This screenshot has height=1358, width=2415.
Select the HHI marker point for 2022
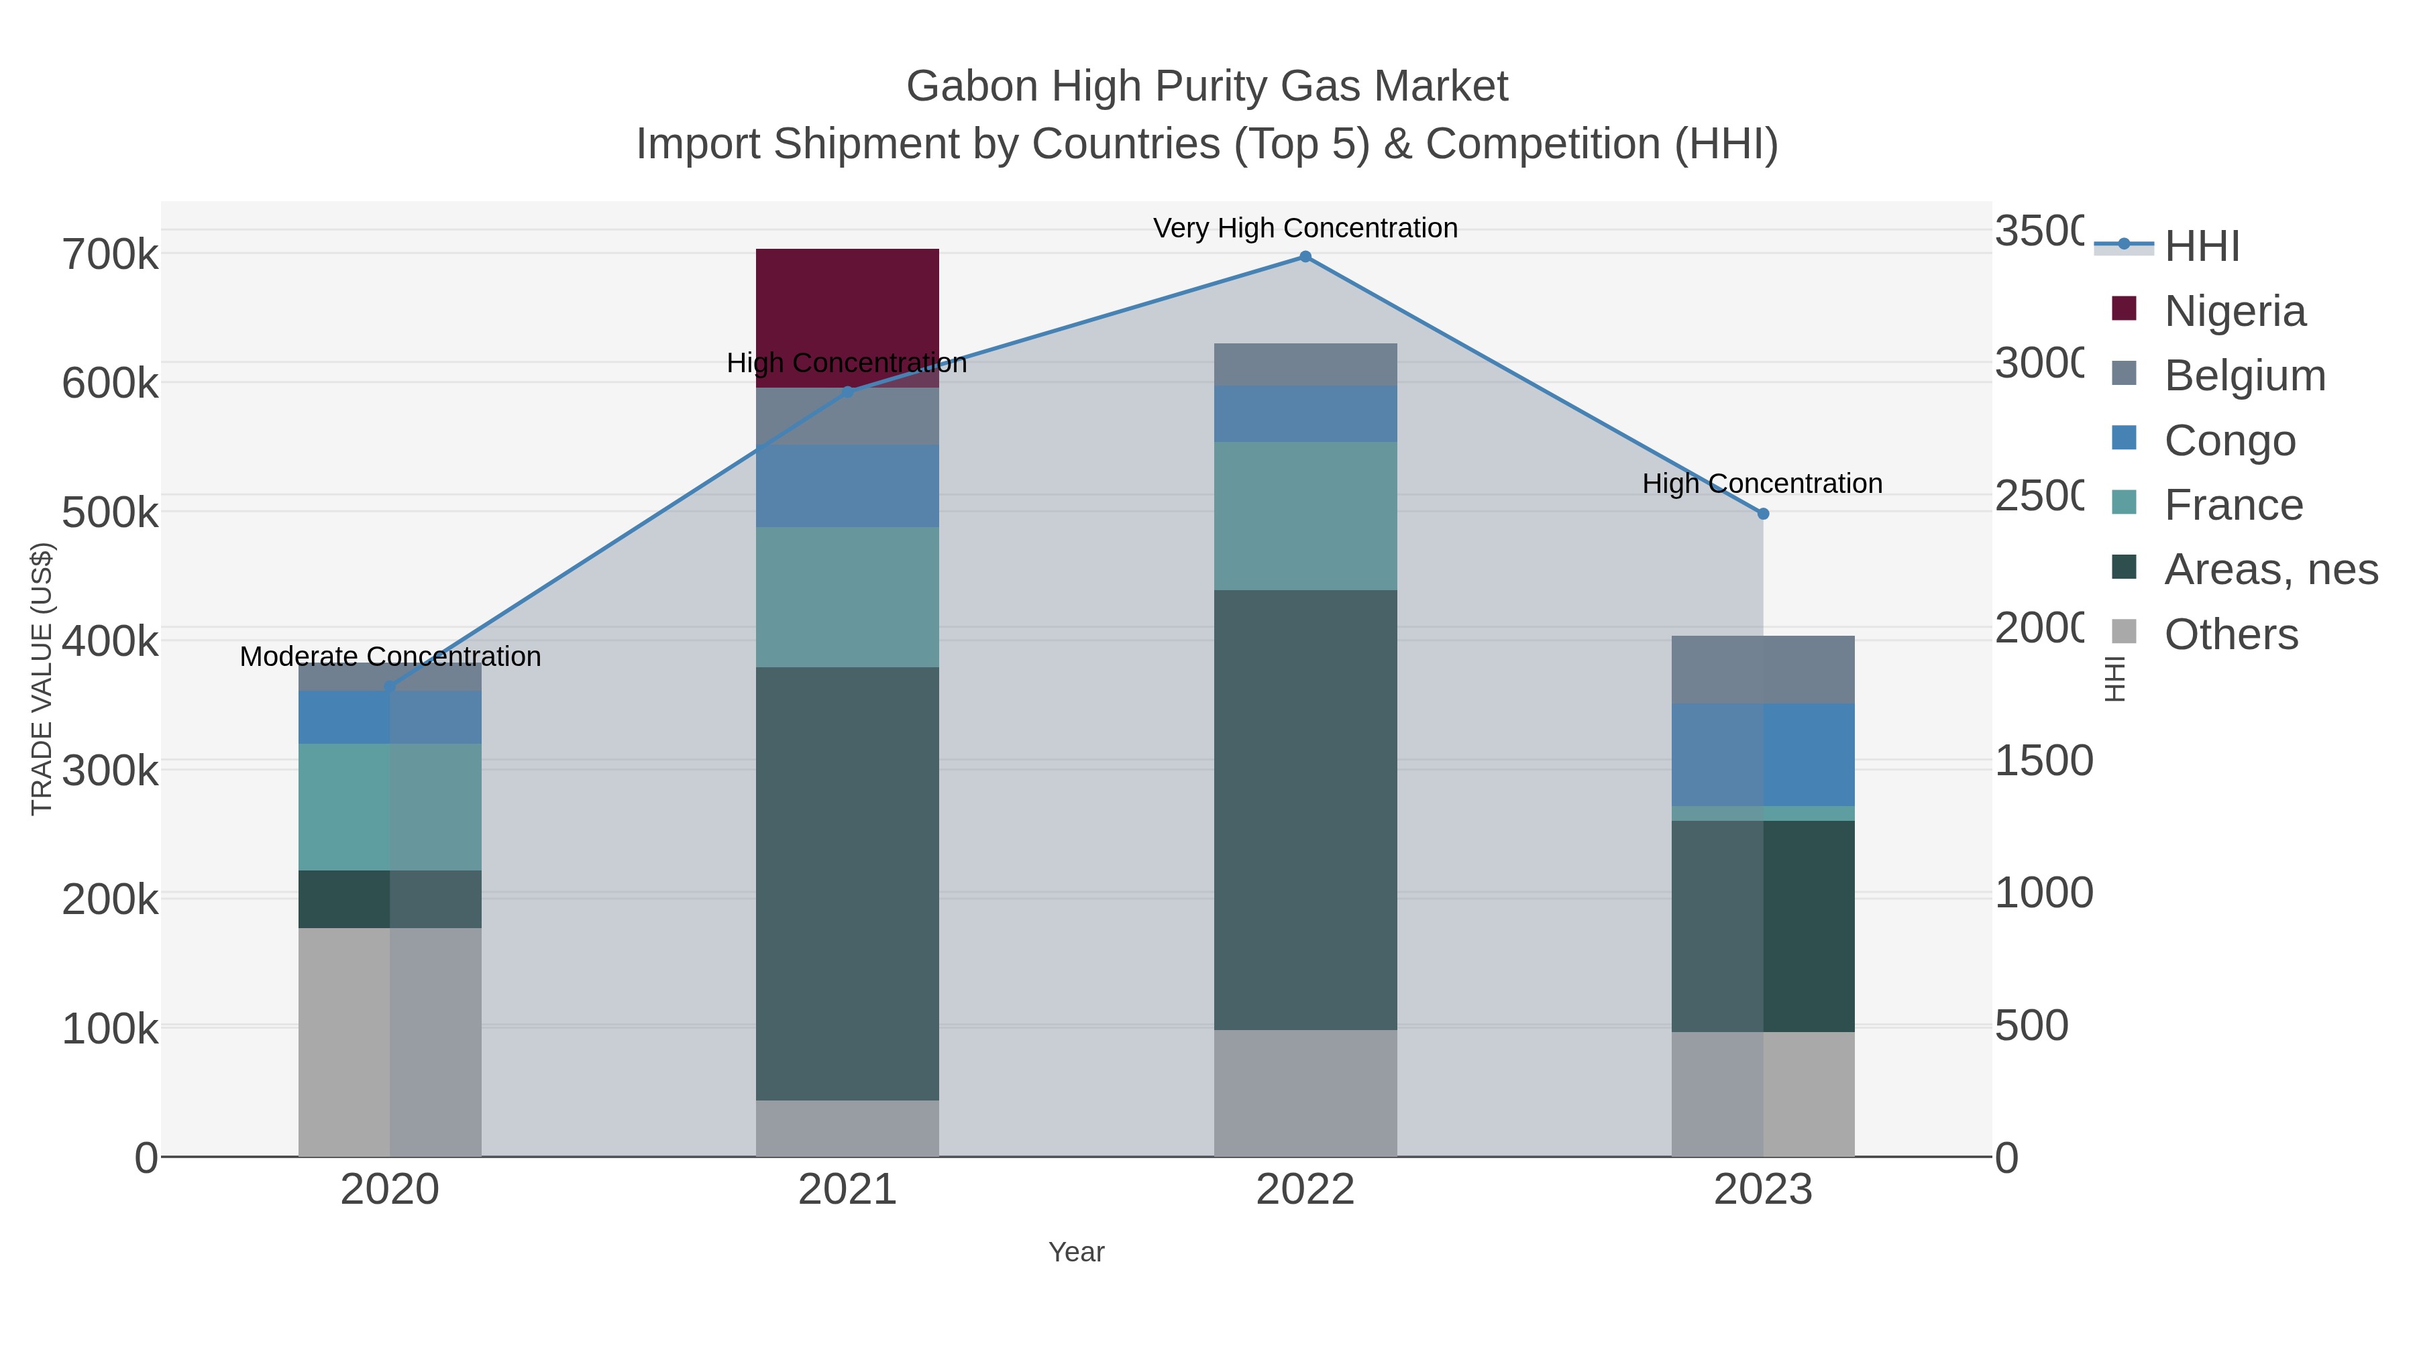click(1305, 257)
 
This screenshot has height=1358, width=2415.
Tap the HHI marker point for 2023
click(1762, 514)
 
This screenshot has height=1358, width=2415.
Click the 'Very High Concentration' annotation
click(1305, 229)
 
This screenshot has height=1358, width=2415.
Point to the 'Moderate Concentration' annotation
click(390, 657)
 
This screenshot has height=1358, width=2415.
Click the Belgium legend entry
click(2245, 376)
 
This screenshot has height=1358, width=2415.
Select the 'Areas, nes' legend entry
click(2271, 570)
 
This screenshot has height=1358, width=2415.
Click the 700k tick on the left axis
click(110, 255)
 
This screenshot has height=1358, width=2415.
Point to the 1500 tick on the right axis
click(2043, 761)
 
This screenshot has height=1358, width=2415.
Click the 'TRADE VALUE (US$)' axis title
click(42, 679)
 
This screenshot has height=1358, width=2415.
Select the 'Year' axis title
click(1076, 1252)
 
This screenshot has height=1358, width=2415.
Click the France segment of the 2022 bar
click(1305, 516)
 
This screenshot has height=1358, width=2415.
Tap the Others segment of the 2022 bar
click(1305, 1093)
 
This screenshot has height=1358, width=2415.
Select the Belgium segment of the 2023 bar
click(1762, 669)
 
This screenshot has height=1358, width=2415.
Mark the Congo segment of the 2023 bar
click(1762, 754)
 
